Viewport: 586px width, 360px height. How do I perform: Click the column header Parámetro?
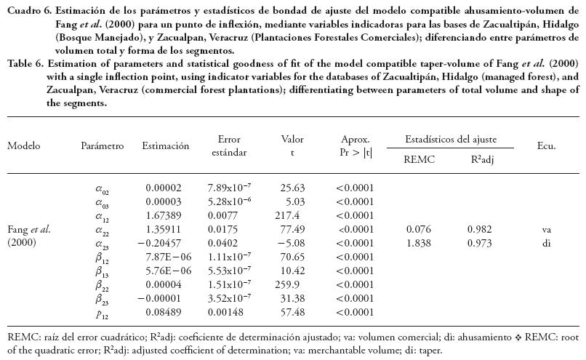(103, 146)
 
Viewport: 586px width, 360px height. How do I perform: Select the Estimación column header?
(165, 146)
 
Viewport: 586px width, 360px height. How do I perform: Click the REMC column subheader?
(419, 160)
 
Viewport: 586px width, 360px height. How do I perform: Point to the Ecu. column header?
(546, 146)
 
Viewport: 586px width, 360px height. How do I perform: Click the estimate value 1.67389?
(164, 215)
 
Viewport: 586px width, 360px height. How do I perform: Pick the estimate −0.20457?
(160, 242)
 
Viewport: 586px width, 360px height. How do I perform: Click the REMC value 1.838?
(419, 242)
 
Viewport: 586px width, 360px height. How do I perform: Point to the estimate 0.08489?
(164, 312)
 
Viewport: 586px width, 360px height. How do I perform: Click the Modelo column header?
(24, 146)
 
